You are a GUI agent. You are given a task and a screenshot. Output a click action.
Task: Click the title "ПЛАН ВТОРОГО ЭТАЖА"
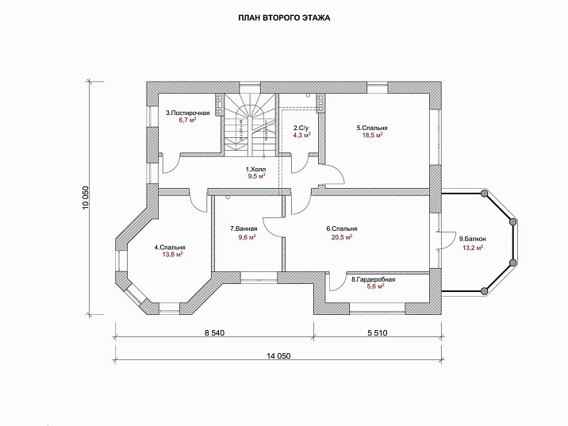click(284, 17)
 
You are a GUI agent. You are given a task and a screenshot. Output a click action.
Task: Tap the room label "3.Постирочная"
click(187, 113)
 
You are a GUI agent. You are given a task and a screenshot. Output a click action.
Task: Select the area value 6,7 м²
click(187, 121)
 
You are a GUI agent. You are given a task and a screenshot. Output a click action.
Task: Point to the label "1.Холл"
click(256, 169)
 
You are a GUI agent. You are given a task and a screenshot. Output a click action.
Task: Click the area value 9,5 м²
click(256, 177)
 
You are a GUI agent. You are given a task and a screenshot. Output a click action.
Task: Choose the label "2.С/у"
click(301, 128)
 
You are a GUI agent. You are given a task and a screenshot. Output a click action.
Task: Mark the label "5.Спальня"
click(370, 127)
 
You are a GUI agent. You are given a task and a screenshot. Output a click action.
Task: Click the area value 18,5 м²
click(370, 135)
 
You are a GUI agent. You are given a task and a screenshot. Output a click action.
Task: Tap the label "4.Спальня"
click(170, 247)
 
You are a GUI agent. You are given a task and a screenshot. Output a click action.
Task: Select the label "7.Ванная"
click(244, 228)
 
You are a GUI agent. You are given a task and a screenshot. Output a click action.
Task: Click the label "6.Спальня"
click(340, 228)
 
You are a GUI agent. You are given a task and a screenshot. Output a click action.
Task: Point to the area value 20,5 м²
click(340, 236)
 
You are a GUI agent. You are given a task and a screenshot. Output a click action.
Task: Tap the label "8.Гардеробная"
click(373, 279)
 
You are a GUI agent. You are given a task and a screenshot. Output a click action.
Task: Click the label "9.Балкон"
click(472, 238)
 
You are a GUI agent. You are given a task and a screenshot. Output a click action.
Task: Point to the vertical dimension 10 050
click(85, 196)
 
